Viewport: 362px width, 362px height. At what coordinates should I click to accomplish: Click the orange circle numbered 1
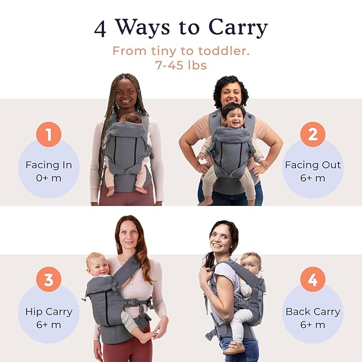click(49, 134)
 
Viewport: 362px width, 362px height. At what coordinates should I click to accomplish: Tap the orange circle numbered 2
click(312, 134)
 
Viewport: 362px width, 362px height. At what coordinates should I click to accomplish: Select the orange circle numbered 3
click(49, 280)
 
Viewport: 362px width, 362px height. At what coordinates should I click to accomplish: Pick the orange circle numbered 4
click(312, 280)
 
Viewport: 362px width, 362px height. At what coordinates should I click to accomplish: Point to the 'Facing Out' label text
click(312, 165)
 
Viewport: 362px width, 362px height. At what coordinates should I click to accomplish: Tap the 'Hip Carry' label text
click(49, 311)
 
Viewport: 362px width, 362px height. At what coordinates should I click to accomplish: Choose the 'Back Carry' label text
click(312, 311)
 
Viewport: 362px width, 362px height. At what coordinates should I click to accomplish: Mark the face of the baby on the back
click(251, 264)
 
